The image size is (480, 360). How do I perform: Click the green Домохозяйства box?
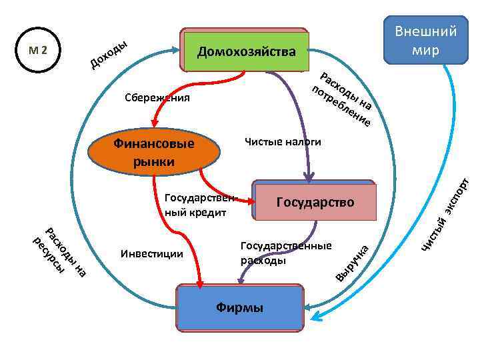tap(245, 51)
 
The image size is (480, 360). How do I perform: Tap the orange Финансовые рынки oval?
tap(154, 152)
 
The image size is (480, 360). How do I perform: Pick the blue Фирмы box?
tap(239, 307)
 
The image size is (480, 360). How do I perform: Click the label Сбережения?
tap(157, 99)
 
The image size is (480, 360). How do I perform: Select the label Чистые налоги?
tap(283, 142)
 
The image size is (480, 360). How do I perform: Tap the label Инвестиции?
tap(152, 253)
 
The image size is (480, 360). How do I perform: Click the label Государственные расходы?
tap(285, 254)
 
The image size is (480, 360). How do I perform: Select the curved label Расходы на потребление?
tap(344, 99)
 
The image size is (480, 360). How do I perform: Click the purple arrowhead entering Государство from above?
tap(308, 177)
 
